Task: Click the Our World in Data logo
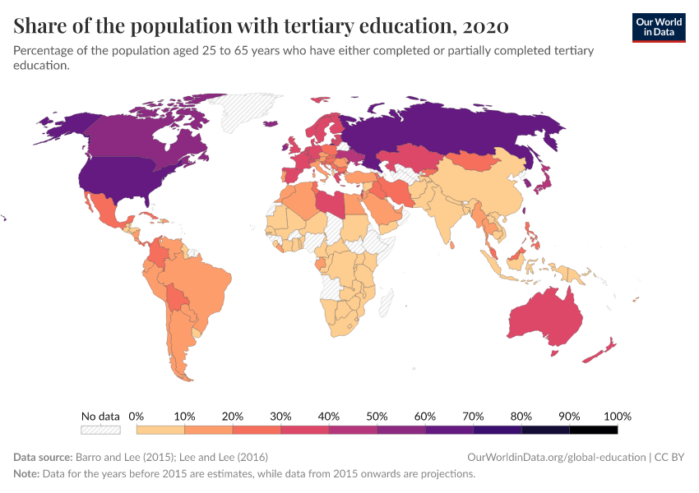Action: pyautogui.click(x=658, y=26)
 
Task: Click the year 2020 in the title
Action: pyautogui.click(x=485, y=26)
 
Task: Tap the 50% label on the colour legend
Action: pyautogui.click(x=377, y=416)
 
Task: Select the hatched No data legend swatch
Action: pyautogui.click(x=100, y=429)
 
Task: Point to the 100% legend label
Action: pyautogui.click(x=617, y=416)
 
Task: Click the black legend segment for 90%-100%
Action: pyautogui.click(x=593, y=429)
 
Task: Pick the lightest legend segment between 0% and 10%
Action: pyautogui.click(x=160, y=429)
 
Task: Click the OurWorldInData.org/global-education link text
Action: pyautogui.click(x=555, y=457)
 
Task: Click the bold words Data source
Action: pyautogui.click(x=43, y=457)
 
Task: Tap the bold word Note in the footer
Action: pyautogui.click(x=26, y=474)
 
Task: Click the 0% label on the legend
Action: pyautogui.click(x=137, y=416)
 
